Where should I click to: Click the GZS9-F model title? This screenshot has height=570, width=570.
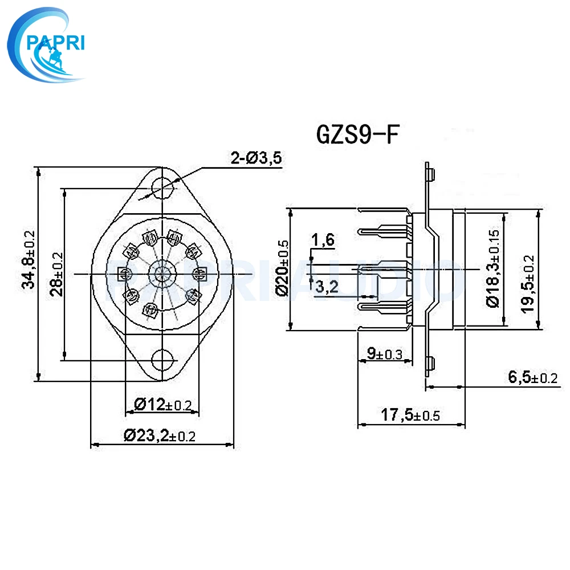(x=354, y=135)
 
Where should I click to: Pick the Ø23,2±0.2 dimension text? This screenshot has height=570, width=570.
(x=160, y=436)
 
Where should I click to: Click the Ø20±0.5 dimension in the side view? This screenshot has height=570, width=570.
(x=280, y=268)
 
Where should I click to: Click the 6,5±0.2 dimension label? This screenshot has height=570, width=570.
(x=532, y=377)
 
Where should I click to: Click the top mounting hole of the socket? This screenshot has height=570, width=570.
(x=162, y=186)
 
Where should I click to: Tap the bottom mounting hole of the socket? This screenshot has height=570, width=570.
(x=162, y=360)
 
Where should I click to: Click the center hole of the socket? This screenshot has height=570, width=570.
(x=162, y=274)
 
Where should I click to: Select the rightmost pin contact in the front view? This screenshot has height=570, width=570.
(x=201, y=274)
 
